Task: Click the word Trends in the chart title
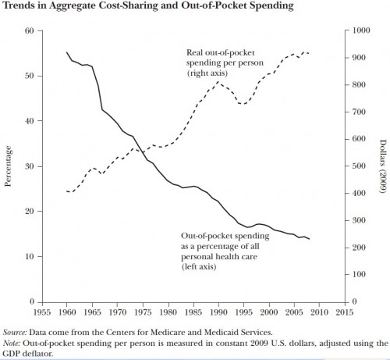click(x=17, y=5)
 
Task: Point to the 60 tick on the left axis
click(x=30, y=30)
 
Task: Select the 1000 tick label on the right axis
click(x=361, y=30)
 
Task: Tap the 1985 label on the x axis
click(x=193, y=312)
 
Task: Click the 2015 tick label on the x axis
click(x=345, y=312)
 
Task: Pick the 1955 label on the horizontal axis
click(x=42, y=312)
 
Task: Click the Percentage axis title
click(x=8, y=166)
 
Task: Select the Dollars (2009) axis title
click(x=383, y=166)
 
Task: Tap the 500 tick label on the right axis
click(x=359, y=166)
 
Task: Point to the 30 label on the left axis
click(x=30, y=166)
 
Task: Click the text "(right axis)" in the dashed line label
click(x=207, y=73)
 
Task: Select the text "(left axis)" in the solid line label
click(x=199, y=267)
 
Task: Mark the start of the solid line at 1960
click(x=67, y=52)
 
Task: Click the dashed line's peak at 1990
click(x=218, y=82)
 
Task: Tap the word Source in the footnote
click(x=15, y=333)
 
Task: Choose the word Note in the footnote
click(x=12, y=343)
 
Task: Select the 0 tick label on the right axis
click(x=355, y=301)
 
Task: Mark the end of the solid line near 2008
click(x=310, y=239)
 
